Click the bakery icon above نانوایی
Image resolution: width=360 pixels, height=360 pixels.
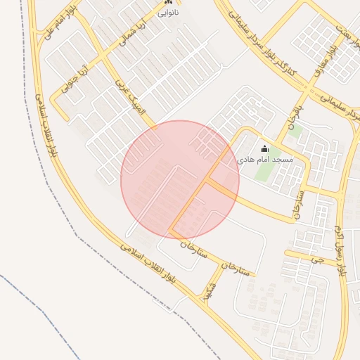tap(167, 3)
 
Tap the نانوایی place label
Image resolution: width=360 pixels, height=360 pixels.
tap(167, 13)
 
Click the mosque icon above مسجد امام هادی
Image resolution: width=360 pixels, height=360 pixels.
tap(264, 148)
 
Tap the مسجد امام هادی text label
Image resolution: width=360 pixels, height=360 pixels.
tap(264, 160)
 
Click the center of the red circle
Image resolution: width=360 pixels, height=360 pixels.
tap(180, 180)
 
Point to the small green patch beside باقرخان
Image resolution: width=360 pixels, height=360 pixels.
tap(296, 130)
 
